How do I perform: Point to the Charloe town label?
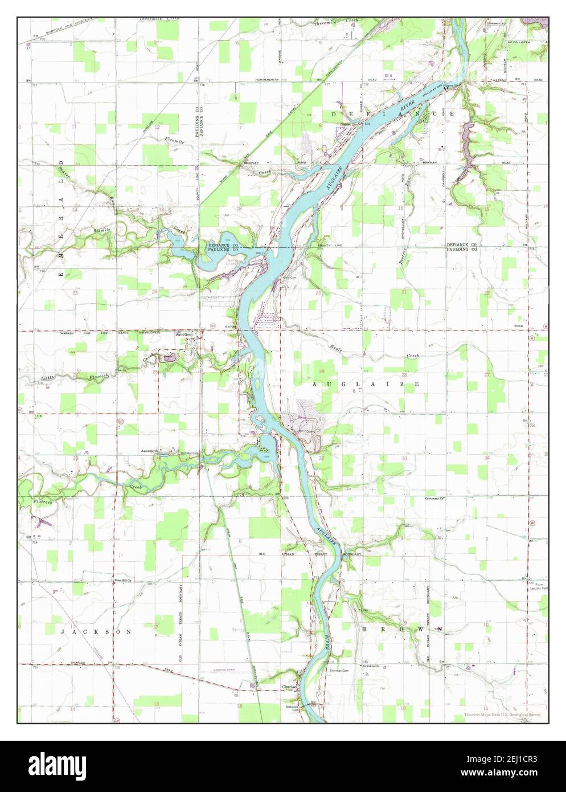[x=289, y=687]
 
